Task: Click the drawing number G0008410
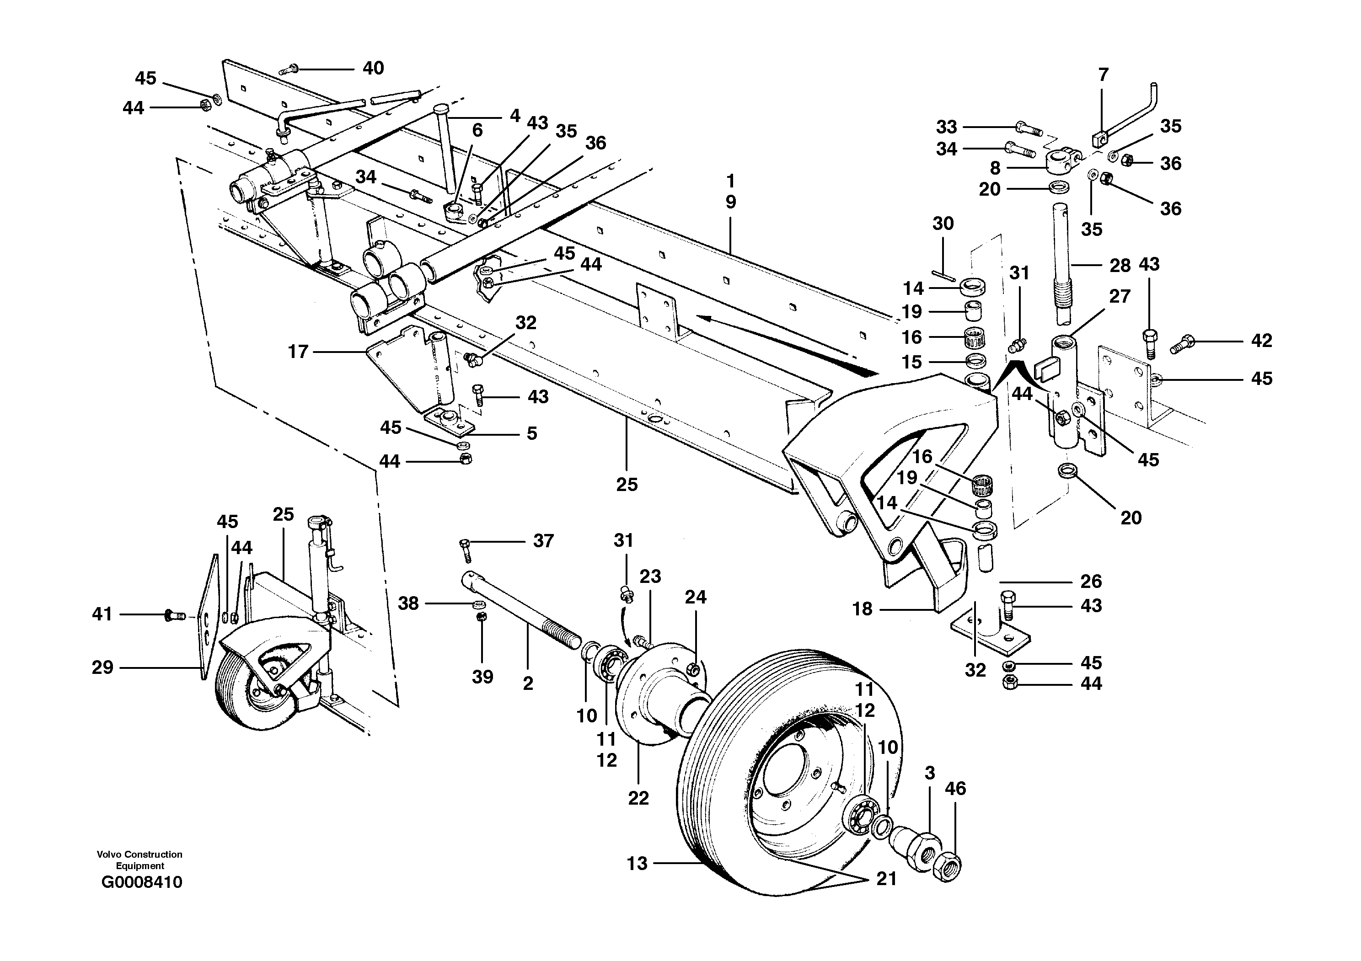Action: point(142,882)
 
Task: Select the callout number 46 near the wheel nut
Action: point(955,788)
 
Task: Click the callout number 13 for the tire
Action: point(637,863)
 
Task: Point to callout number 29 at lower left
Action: point(102,668)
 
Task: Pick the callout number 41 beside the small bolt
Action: point(102,614)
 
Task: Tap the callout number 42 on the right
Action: point(1261,340)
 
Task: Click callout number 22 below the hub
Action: point(638,798)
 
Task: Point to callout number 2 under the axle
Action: point(528,684)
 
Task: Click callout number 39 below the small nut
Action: point(482,677)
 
